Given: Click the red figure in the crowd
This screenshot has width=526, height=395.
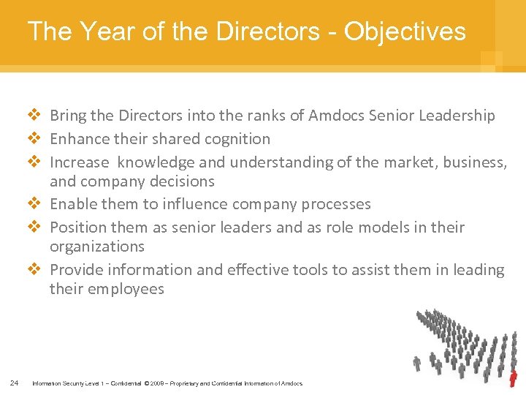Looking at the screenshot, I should tap(513, 378).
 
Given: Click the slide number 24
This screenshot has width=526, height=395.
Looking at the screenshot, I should tap(15, 383).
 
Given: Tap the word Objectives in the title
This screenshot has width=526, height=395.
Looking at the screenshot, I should tap(405, 31).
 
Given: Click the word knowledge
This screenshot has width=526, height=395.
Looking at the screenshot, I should tap(153, 162).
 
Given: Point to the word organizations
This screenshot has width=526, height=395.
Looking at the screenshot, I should tap(97, 247).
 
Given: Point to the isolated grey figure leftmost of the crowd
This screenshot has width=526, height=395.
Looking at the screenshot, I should tap(417, 363).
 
